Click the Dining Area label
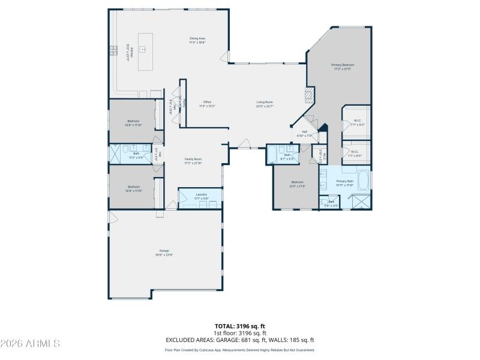click(197, 38)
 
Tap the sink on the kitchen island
click(143, 49)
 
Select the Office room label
click(207, 102)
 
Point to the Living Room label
click(265, 102)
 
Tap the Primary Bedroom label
click(343, 64)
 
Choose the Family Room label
click(193, 159)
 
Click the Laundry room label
click(201, 194)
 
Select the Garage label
click(164, 250)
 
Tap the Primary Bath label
click(344, 181)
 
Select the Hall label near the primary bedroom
click(304, 132)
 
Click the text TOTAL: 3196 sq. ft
click(239, 326)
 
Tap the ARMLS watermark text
click(30, 344)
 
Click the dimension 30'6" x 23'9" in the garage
click(164, 254)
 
